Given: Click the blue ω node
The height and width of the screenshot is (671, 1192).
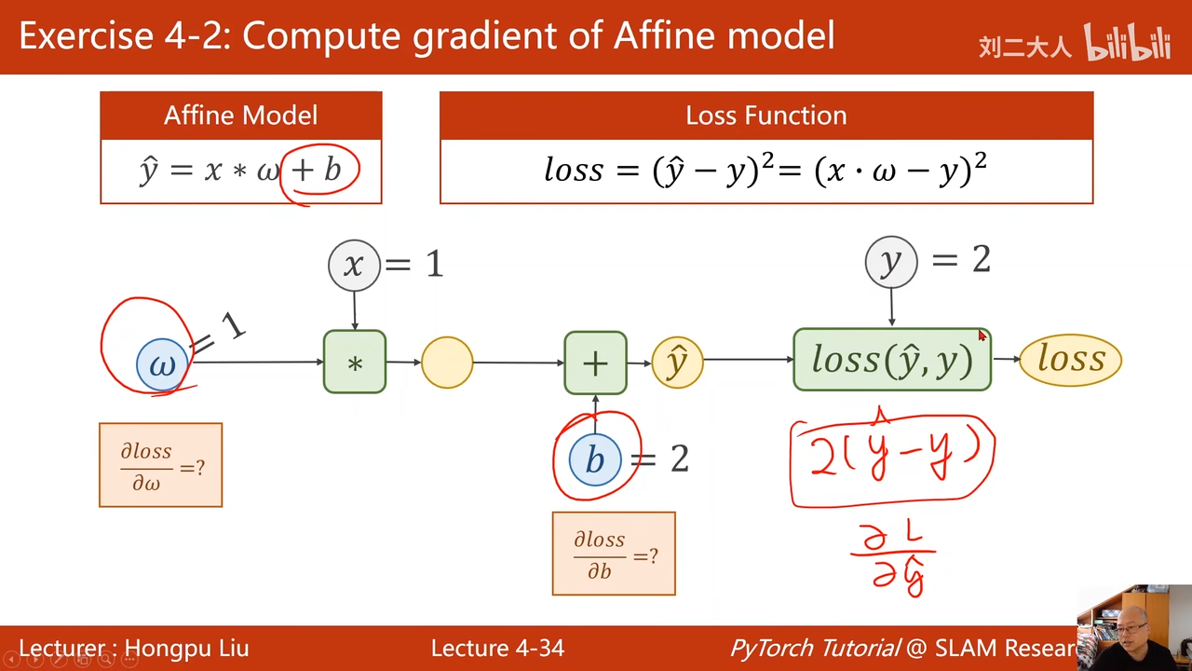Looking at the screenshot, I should tap(162, 363).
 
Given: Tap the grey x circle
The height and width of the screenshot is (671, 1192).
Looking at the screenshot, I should tap(354, 265).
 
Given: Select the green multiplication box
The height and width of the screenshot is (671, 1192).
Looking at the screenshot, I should tap(355, 362).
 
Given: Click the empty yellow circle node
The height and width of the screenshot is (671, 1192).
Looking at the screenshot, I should tap(447, 363).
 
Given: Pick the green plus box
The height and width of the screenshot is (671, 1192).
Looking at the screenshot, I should tap(595, 363).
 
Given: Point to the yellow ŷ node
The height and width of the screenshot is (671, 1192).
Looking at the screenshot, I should tap(677, 363).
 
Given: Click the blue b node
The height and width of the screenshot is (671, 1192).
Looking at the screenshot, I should tap(595, 459).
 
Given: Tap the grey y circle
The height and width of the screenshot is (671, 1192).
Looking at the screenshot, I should tap(891, 262).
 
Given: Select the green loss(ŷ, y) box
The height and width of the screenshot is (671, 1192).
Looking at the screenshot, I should tap(891, 360).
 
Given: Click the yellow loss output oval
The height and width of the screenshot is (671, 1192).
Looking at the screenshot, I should tap(1071, 360).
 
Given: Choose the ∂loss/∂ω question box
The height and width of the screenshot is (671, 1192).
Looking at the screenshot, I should tap(161, 465).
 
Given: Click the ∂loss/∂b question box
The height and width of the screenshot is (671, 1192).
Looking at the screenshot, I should tap(614, 554).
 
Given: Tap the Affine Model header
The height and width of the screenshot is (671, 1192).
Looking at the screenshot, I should tap(241, 116).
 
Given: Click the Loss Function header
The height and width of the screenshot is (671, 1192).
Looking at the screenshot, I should tap(765, 116).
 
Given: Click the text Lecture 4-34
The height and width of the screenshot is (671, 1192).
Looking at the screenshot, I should tap(497, 648).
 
